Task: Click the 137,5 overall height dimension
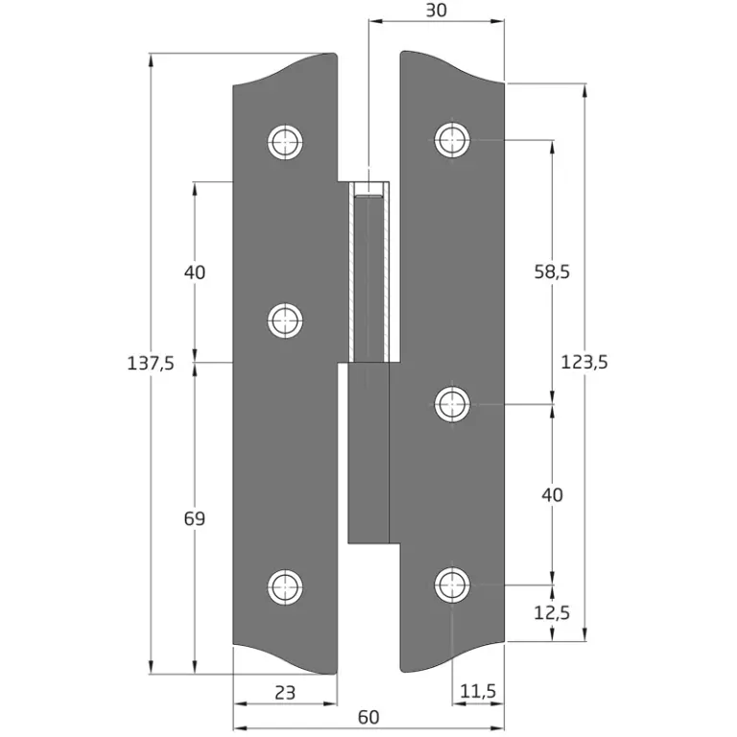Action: pos(151,364)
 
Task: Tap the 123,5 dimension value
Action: pos(584,363)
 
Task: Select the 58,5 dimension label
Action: pos(552,272)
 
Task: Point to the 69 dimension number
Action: pos(195,518)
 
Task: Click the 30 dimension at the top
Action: pos(437,11)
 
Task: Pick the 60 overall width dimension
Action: pos(368,717)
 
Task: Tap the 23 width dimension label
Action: pos(285,692)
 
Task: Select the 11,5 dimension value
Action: pos(478,691)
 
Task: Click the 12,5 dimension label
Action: pos(552,613)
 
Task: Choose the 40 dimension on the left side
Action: pos(195,273)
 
